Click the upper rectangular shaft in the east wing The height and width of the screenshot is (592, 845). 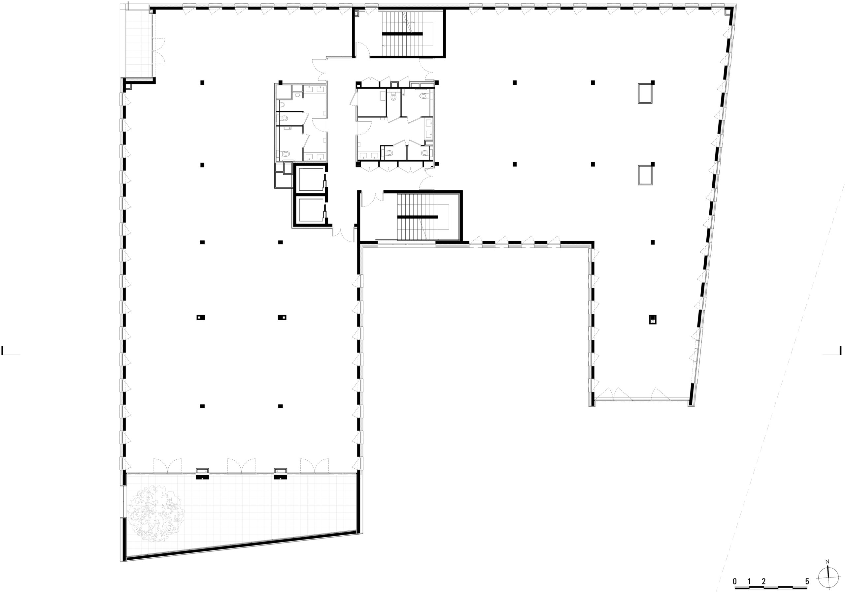(645, 93)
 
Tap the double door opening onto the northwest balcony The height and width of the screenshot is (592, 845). (159, 51)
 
